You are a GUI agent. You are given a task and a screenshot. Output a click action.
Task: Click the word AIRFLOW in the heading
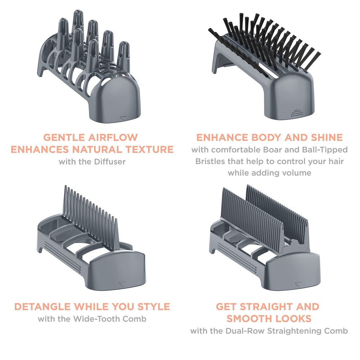pyautogui.click(x=113, y=138)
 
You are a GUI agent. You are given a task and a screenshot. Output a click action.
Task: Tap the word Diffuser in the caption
pyautogui.click(x=110, y=162)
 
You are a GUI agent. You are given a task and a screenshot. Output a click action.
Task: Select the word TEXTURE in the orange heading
pyautogui.click(x=149, y=149)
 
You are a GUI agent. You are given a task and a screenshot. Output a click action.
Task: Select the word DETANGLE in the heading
pyautogui.click(x=43, y=307)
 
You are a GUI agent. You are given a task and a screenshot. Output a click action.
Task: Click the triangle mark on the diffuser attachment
pyautogui.click(x=123, y=118)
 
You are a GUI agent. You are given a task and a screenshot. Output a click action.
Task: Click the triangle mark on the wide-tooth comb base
pyautogui.click(x=123, y=284)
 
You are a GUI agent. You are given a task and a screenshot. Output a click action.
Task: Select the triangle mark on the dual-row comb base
pyautogui.click(x=298, y=284)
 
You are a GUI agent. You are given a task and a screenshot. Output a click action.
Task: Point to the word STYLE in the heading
pyautogui.click(x=154, y=307)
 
